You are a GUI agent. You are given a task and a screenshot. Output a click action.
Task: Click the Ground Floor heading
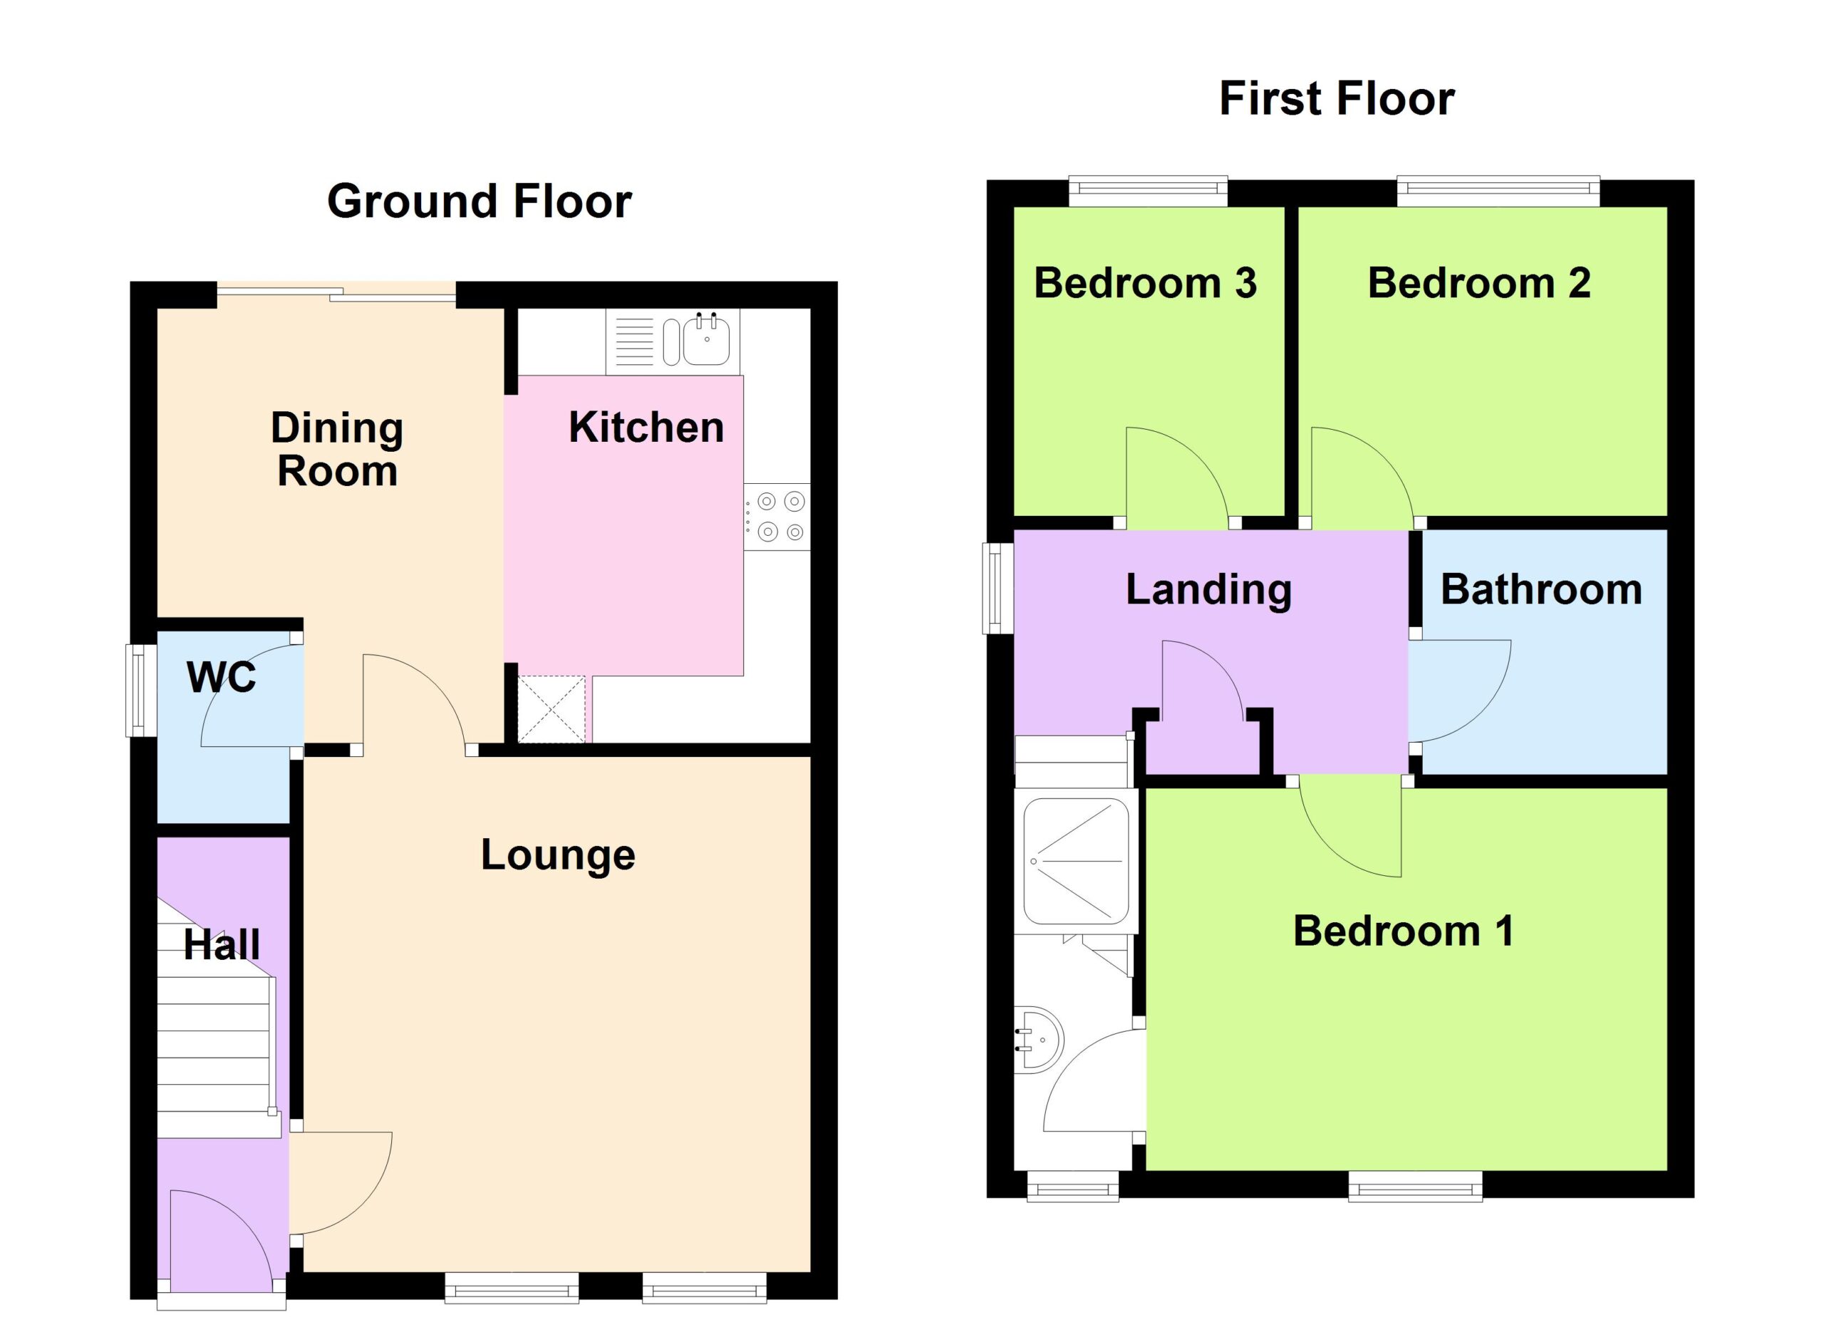pos(480,201)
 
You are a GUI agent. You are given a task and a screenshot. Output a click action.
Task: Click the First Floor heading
pos(1337,98)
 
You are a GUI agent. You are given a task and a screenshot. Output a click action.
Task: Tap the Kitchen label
pos(646,427)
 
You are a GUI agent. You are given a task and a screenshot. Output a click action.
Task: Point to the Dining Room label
pos(337,449)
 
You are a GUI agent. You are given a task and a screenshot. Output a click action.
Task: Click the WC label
pos(221,676)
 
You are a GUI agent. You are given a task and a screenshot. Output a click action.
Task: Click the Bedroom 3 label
pos(1145,283)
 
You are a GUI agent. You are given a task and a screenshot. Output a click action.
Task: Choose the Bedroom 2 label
pos(1479,283)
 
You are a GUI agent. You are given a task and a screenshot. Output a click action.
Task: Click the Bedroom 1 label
pos(1404,931)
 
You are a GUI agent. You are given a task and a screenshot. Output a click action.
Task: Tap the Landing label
pos(1209,589)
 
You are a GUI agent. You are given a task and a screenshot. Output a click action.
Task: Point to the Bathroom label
pos(1541,589)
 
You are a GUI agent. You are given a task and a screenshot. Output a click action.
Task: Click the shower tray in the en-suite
pos(1076,860)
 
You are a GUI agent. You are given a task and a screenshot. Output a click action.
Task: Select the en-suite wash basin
pos(1039,1040)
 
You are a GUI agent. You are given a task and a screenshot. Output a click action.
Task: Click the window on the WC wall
pos(141,690)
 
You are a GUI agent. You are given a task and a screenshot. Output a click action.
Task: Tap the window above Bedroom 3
pos(1149,190)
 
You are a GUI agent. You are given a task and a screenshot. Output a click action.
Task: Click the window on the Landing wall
pos(997,589)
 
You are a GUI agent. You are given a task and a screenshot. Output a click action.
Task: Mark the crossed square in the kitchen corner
pos(551,709)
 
